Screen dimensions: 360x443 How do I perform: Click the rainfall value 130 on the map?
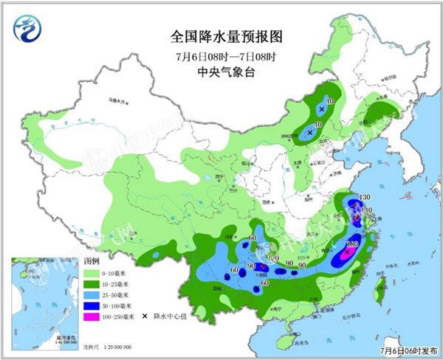click(x=363, y=197)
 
